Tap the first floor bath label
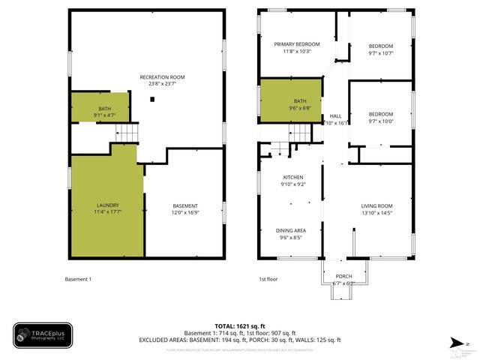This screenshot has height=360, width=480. pyautogui.click(x=300, y=104)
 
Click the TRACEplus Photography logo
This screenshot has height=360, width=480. pyautogui.click(x=43, y=335)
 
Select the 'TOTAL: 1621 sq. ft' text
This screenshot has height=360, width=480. pyautogui.click(x=239, y=325)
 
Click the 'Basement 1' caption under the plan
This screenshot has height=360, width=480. pyautogui.click(x=78, y=280)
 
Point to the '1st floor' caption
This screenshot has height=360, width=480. pyautogui.click(x=268, y=280)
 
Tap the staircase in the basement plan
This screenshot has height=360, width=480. pyautogui.click(x=127, y=134)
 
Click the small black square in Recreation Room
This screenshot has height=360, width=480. pyautogui.click(x=152, y=99)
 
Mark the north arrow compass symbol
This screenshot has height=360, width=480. pyautogui.click(x=457, y=343)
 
